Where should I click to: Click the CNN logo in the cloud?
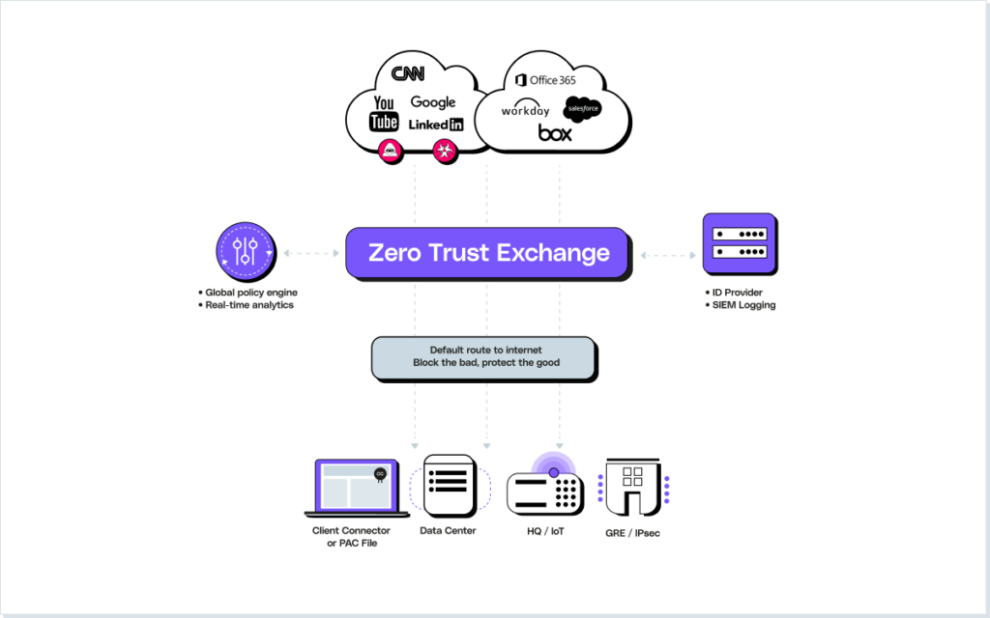[407, 74]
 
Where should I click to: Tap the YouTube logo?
[384, 113]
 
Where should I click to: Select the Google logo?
[432, 102]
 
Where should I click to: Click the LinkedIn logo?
[436, 125]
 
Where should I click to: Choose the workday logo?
[525, 111]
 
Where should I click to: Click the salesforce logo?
[583, 109]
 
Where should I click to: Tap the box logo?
[555, 132]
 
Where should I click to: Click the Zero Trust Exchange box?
[488, 254]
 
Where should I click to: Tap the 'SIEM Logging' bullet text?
[744, 305]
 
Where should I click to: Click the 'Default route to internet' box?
[484, 356]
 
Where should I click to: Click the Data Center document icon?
[447, 485]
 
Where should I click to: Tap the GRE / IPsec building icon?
[633, 487]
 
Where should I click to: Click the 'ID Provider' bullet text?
[738, 292]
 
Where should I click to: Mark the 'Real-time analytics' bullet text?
[248, 305]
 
